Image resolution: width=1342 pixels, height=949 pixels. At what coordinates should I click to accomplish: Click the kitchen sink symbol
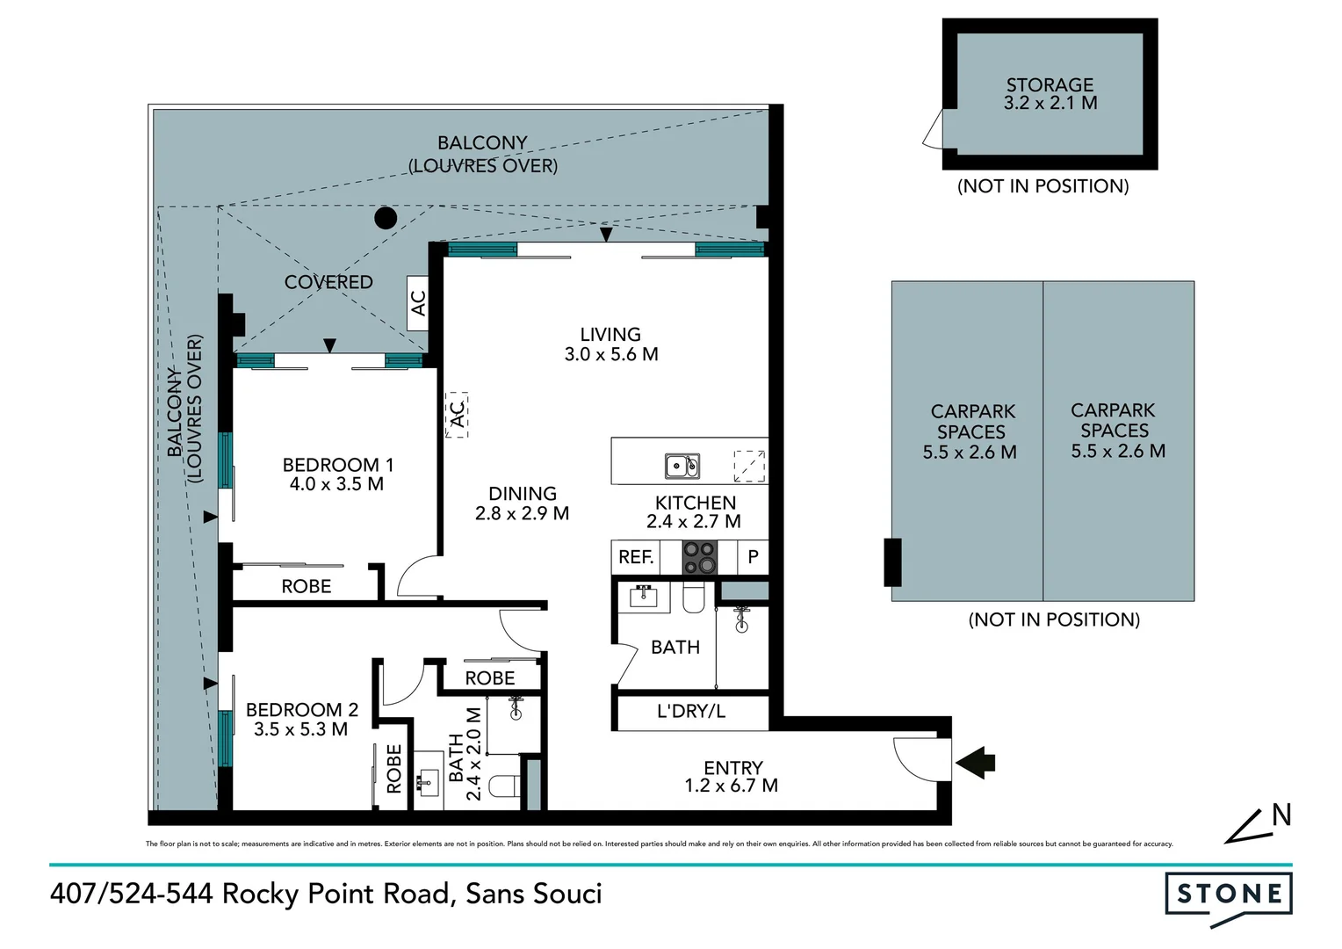pyautogui.click(x=682, y=465)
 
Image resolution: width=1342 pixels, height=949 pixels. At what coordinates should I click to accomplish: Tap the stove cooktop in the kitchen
pyautogui.click(x=700, y=557)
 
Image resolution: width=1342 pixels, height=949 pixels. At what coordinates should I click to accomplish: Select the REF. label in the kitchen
pyautogui.click(x=636, y=557)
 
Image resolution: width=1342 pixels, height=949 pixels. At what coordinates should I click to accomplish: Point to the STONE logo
pyautogui.click(x=1229, y=895)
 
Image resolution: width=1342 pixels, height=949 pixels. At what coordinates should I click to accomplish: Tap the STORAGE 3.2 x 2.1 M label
pyautogui.click(x=1050, y=94)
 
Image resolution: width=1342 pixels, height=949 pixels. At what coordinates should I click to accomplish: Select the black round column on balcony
pyautogui.click(x=385, y=217)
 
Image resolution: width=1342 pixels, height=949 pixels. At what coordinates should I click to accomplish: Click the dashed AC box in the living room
pyautogui.click(x=457, y=414)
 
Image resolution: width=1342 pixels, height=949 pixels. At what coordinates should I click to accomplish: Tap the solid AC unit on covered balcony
pyautogui.click(x=418, y=303)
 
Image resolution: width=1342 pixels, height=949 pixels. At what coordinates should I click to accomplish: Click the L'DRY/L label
pyautogui.click(x=691, y=712)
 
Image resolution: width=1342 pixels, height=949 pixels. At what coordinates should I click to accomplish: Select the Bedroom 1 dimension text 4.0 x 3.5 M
pyautogui.click(x=336, y=484)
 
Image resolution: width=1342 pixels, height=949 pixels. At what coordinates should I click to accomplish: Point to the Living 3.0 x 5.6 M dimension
pyautogui.click(x=611, y=355)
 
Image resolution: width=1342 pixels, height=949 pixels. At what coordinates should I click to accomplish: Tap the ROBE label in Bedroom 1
pyautogui.click(x=307, y=587)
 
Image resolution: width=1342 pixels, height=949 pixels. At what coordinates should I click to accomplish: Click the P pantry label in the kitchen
pyautogui.click(x=753, y=557)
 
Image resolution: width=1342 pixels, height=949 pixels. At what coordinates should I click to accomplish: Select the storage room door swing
pyautogui.click(x=933, y=129)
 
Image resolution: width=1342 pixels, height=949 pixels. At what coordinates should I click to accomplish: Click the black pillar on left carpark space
pyautogui.click(x=892, y=562)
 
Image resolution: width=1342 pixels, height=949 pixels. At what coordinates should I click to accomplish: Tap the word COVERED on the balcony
pyautogui.click(x=328, y=282)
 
